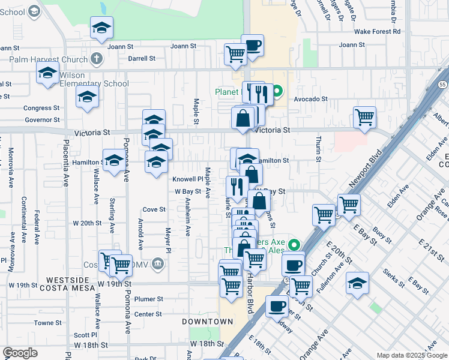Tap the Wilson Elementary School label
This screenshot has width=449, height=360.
[x=94, y=84]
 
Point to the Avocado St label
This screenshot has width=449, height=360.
[x=310, y=99]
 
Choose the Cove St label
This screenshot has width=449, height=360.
[x=154, y=209]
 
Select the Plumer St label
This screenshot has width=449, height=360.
[x=149, y=299]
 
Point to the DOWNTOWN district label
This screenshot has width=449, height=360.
[x=207, y=322]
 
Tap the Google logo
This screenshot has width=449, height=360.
[x=20, y=353]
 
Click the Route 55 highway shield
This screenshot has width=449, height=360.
[x=441, y=85]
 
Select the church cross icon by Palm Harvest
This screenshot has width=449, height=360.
[x=96, y=59]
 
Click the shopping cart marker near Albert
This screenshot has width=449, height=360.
[x=364, y=118]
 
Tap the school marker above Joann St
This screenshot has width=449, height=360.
[x=102, y=27]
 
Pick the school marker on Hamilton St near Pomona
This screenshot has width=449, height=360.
[x=113, y=160]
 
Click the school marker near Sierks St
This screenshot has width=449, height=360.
[x=357, y=283]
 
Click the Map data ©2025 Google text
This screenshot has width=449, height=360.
[x=411, y=355]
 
